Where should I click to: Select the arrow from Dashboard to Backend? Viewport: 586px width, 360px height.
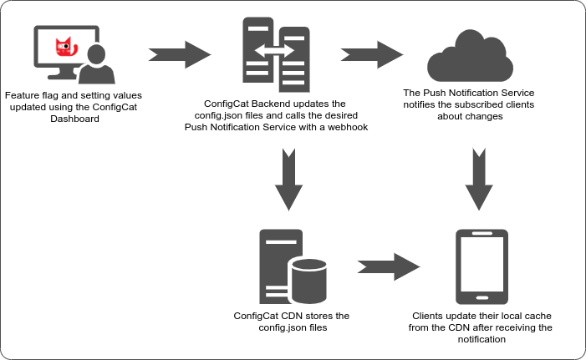178,55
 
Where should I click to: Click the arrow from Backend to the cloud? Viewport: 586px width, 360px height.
371,55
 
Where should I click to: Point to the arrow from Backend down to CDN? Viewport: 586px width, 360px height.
288,179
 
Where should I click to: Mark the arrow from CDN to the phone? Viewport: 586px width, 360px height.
389,267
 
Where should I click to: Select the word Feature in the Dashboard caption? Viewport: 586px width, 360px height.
21,96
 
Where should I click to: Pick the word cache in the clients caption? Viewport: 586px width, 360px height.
536,317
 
